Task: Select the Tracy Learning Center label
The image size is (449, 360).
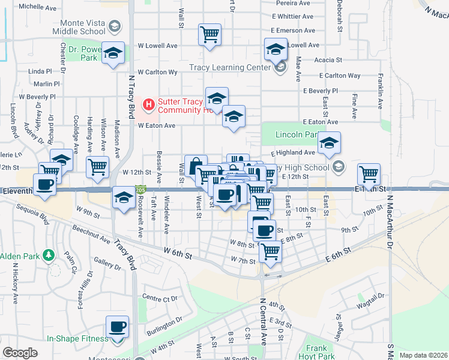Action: coord(230,67)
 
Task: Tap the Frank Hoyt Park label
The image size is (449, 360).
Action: coord(316,352)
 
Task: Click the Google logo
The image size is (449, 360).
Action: coord(20,353)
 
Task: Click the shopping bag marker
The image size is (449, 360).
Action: coord(196,166)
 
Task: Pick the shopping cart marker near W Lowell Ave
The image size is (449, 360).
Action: coord(209,34)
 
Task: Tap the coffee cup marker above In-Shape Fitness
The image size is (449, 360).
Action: coord(118,326)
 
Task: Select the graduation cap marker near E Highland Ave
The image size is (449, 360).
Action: coord(329,143)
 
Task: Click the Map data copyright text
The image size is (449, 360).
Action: coord(424,355)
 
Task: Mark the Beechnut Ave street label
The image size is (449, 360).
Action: coord(91,235)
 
